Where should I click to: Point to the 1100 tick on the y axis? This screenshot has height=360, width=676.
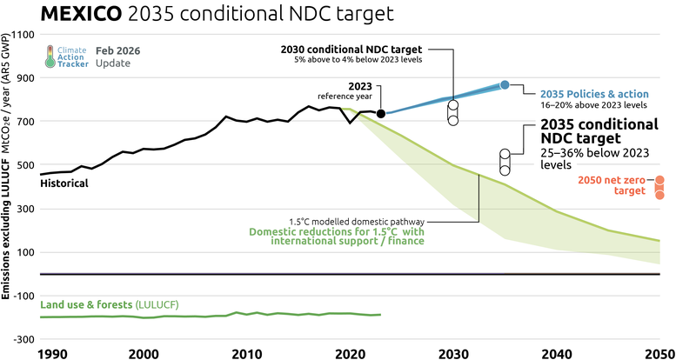(23, 35)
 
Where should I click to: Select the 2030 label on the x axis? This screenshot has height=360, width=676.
(454, 354)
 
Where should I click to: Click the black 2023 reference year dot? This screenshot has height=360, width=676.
(380, 114)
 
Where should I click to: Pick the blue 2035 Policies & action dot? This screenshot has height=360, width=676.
(505, 84)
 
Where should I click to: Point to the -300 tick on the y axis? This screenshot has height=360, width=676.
(22, 339)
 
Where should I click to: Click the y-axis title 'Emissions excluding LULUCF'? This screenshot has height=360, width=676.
(6, 227)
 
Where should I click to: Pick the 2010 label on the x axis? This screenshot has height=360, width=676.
(247, 354)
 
